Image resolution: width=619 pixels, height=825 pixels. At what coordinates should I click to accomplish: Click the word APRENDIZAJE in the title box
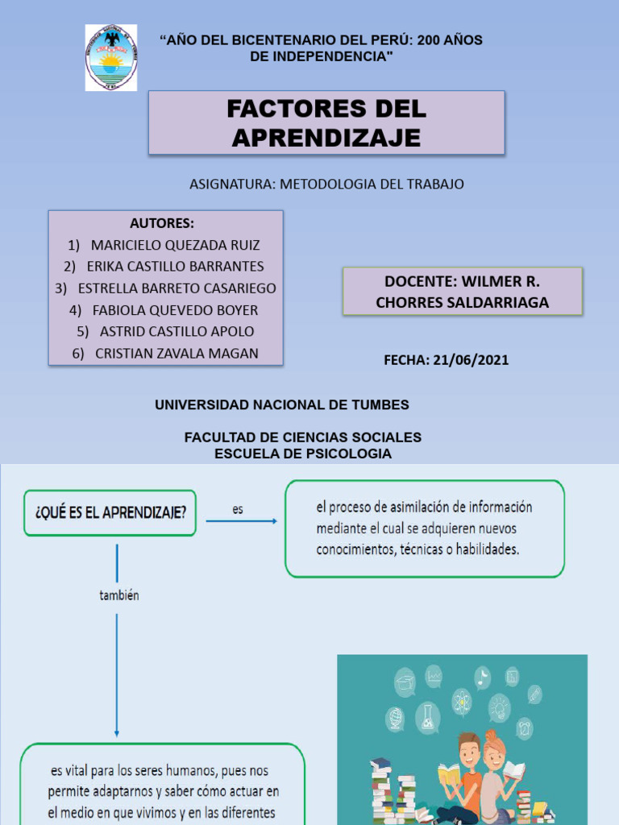pyautogui.click(x=326, y=138)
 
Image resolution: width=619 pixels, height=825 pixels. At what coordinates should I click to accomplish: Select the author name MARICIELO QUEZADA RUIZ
pyautogui.click(x=176, y=245)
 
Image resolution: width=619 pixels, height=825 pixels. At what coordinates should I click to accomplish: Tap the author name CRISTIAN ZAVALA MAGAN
pyautogui.click(x=177, y=353)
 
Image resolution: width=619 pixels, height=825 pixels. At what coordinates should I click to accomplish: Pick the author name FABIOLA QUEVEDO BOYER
pyautogui.click(x=175, y=309)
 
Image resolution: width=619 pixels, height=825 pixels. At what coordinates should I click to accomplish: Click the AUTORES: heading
pyautogui.click(x=162, y=223)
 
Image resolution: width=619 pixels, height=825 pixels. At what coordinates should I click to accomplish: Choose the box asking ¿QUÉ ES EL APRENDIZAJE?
pyautogui.click(x=110, y=512)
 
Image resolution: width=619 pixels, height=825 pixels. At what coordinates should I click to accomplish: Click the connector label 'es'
pyautogui.click(x=238, y=509)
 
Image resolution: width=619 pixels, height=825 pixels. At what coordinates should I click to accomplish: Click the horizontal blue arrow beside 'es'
pyautogui.click(x=241, y=521)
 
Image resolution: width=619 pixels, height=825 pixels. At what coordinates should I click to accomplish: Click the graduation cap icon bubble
pyautogui.click(x=405, y=683)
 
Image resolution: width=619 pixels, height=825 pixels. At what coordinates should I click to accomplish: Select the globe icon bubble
pyautogui.click(x=396, y=717)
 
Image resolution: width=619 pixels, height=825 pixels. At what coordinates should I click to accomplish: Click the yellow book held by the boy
pyautogui.click(x=450, y=777)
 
